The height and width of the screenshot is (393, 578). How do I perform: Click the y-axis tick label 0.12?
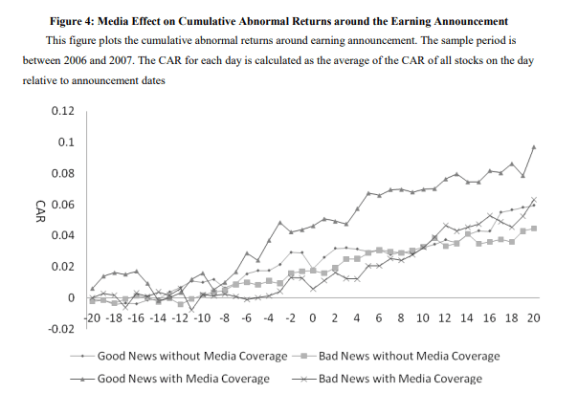pyautogui.click(x=63, y=111)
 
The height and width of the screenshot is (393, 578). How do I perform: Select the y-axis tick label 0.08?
pyautogui.click(x=63, y=173)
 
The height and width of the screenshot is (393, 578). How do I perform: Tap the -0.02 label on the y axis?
pyautogui.click(x=61, y=329)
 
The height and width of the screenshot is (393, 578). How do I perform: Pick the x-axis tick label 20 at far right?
pyautogui.click(x=533, y=317)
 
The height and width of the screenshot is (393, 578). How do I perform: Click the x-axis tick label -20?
pyautogui.click(x=94, y=317)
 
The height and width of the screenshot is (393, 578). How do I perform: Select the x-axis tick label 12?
pyautogui.click(x=445, y=317)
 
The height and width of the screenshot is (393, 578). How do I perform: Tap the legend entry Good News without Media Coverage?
pyautogui.click(x=192, y=357)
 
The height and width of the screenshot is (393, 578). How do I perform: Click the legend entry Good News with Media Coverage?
pyautogui.click(x=182, y=379)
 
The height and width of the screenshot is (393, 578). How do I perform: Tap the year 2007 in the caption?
pyautogui.click(x=151, y=60)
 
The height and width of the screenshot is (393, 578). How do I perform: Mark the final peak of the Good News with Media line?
pyautogui.click(x=533, y=146)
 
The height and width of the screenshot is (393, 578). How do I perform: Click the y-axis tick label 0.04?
pyautogui.click(x=63, y=235)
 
